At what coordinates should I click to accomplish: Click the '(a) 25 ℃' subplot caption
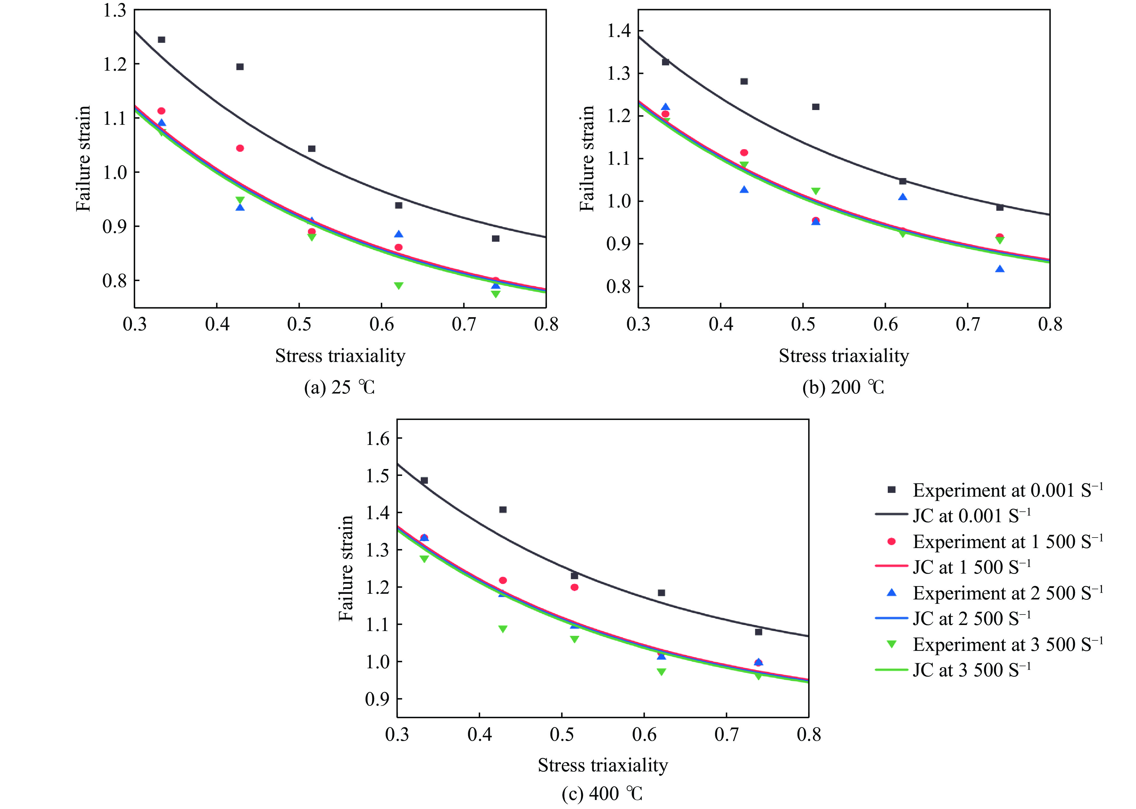[x=340, y=388]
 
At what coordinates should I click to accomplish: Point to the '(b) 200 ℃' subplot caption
[x=843, y=388]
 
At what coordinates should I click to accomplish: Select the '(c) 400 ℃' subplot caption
[x=602, y=794]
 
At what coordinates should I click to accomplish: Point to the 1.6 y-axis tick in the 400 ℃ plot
[x=377, y=438]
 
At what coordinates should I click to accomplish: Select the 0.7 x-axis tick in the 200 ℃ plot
[x=968, y=325]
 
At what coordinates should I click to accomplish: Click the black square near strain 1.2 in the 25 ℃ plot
[x=240, y=67]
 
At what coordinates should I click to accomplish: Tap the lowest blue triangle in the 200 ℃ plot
[x=1000, y=269]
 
